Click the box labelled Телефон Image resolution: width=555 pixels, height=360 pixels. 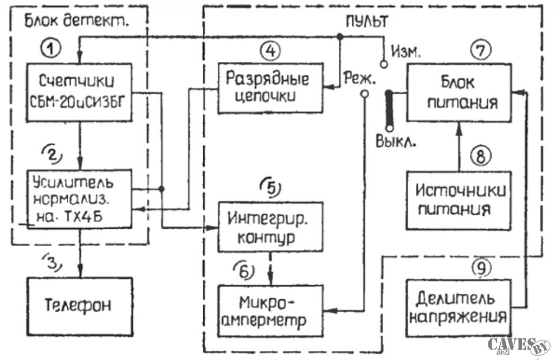(79, 305)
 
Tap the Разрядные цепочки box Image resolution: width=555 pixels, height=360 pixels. (270, 88)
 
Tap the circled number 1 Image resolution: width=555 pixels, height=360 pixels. (51, 49)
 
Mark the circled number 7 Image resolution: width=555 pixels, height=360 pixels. (481, 49)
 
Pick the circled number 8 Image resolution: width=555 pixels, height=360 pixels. (481, 156)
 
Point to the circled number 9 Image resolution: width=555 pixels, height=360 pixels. (481, 266)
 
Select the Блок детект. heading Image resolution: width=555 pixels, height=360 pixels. (79, 22)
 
